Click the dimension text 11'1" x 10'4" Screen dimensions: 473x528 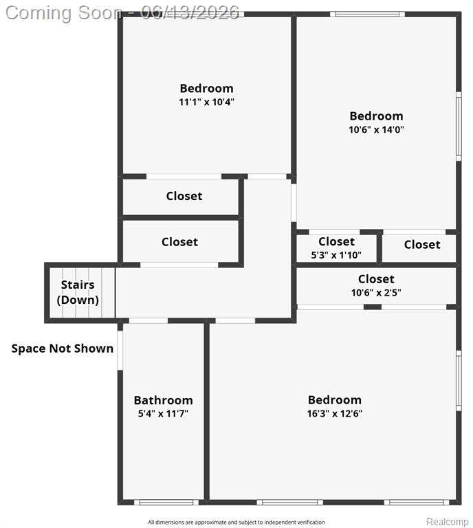206,102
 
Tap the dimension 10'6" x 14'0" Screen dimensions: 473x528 376,129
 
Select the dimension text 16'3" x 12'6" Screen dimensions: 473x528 335,413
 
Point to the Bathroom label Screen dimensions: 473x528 163,400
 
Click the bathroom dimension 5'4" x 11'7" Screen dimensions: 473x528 163,413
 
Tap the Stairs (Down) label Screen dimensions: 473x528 78,292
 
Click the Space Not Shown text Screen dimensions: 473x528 63,348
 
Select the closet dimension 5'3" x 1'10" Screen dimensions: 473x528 336,255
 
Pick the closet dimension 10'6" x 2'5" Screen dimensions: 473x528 376,292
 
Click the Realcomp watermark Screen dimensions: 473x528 448,522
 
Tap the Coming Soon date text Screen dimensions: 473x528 122,13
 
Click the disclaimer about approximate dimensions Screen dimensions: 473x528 236,522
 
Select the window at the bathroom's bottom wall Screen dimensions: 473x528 166,503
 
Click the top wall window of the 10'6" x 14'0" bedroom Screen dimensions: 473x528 367,14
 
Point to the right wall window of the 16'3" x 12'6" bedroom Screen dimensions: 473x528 459,380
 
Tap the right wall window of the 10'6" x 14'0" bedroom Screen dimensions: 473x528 459,126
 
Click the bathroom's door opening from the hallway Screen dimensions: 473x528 148,320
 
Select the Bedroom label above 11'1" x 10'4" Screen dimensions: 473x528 206,88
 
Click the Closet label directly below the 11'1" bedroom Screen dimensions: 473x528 184,196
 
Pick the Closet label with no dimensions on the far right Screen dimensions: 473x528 422,245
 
